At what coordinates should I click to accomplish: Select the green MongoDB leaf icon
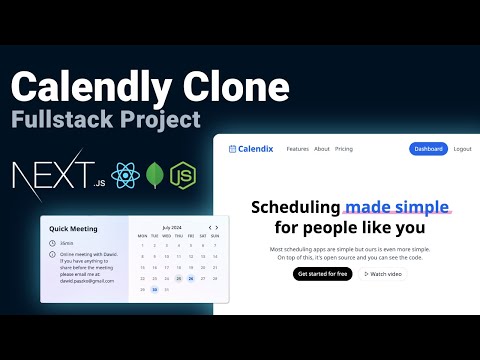click(x=154, y=177)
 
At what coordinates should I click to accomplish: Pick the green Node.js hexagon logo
click(x=183, y=177)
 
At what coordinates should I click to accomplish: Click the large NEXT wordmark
click(x=48, y=177)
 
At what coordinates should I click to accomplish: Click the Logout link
click(x=462, y=149)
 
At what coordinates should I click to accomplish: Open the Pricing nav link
click(x=344, y=149)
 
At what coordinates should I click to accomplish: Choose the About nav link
click(x=322, y=149)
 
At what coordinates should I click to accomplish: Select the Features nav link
click(x=297, y=149)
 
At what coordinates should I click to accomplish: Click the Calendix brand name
click(x=257, y=149)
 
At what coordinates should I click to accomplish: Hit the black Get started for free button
click(x=323, y=273)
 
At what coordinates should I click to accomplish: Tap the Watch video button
click(x=383, y=273)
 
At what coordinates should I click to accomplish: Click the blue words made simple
click(x=397, y=207)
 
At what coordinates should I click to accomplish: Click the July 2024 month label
click(x=173, y=227)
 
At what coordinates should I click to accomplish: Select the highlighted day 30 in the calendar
click(x=155, y=290)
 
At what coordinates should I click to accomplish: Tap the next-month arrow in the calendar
click(x=217, y=227)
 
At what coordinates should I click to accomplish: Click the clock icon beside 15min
click(x=52, y=243)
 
